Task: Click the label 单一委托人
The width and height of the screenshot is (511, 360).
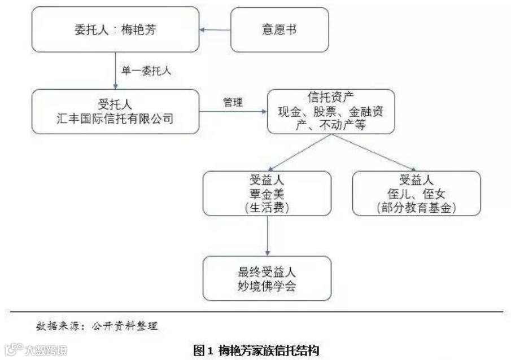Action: click(x=142, y=71)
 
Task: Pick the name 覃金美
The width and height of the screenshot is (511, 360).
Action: click(x=266, y=194)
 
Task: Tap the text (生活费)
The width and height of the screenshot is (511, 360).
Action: click(x=267, y=207)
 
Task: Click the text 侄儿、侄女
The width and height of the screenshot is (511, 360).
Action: click(x=416, y=194)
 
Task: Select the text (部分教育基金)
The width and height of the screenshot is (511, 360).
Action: click(x=416, y=207)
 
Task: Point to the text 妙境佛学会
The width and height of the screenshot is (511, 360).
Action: click(x=266, y=286)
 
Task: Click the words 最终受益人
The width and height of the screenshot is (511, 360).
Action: click(x=267, y=272)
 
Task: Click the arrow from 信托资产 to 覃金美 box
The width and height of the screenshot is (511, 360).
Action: click(x=293, y=152)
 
